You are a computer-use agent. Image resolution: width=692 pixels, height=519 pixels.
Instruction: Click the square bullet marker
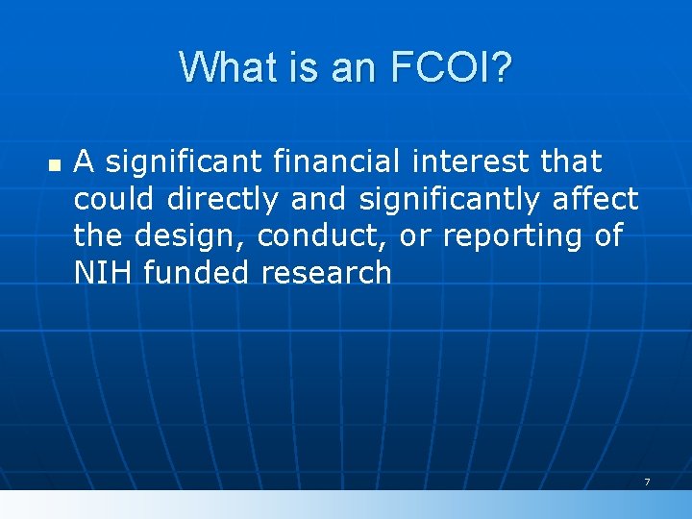click(53, 165)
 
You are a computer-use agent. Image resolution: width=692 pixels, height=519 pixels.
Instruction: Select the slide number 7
click(647, 482)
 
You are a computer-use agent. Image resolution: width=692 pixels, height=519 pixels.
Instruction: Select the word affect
click(596, 199)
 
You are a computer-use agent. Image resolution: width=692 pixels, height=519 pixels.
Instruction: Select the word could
click(115, 199)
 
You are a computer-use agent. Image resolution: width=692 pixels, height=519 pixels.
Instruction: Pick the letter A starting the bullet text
click(85, 161)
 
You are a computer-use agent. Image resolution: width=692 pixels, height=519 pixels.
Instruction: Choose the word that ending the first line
click(572, 161)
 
